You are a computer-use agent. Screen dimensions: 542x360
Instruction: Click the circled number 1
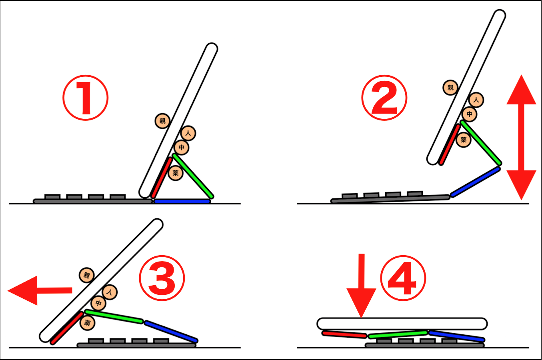point(86,98)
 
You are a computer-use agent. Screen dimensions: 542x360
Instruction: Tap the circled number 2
point(384,98)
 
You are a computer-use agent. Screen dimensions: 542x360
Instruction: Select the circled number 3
point(162,278)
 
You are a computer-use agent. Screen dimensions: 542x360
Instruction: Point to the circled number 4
point(403,278)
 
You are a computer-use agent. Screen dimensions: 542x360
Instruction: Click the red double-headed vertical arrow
point(522,138)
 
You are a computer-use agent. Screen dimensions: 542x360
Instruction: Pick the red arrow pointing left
point(40,290)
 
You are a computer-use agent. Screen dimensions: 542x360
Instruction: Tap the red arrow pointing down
point(361,286)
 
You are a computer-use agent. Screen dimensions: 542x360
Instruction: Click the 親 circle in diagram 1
point(162,121)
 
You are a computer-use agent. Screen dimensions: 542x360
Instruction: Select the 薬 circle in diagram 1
point(176,173)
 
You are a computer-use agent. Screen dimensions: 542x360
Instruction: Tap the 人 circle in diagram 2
point(476,100)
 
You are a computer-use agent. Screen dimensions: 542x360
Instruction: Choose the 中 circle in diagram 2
point(470,114)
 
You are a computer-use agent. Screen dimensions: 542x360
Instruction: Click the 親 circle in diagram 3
point(87,275)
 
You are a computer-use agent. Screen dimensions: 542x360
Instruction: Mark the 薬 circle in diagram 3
point(87,323)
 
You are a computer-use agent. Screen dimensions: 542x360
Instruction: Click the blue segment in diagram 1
point(182,201)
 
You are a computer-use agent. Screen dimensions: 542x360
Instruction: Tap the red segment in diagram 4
point(344,334)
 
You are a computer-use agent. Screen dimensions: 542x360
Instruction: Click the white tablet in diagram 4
point(402,324)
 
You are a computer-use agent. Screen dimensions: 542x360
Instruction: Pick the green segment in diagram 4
point(398,334)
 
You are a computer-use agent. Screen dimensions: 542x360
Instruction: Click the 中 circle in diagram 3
point(98,303)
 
